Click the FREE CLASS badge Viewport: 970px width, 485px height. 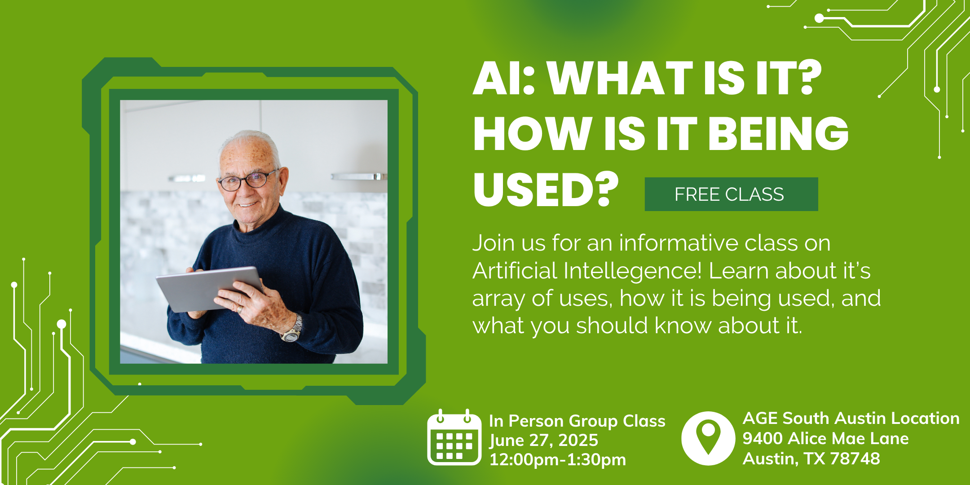pos(731,194)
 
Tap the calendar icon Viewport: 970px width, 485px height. pos(454,437)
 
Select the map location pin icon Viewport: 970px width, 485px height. pos(708,438)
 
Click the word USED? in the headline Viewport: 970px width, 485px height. pos(546,190)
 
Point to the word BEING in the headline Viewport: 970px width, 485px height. pos(778,133)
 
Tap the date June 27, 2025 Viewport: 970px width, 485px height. pos(543,440)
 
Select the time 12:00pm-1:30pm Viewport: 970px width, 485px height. pos(557,459)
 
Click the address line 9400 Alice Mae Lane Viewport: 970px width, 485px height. pos(825,438)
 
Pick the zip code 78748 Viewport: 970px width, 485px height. pos(855,459)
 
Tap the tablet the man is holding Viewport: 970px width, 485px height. pos(209,289)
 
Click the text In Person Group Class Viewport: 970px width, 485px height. pos(577,421)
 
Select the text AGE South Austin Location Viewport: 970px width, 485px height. pos(851,418)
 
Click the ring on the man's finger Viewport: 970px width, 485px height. pos(240,309)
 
